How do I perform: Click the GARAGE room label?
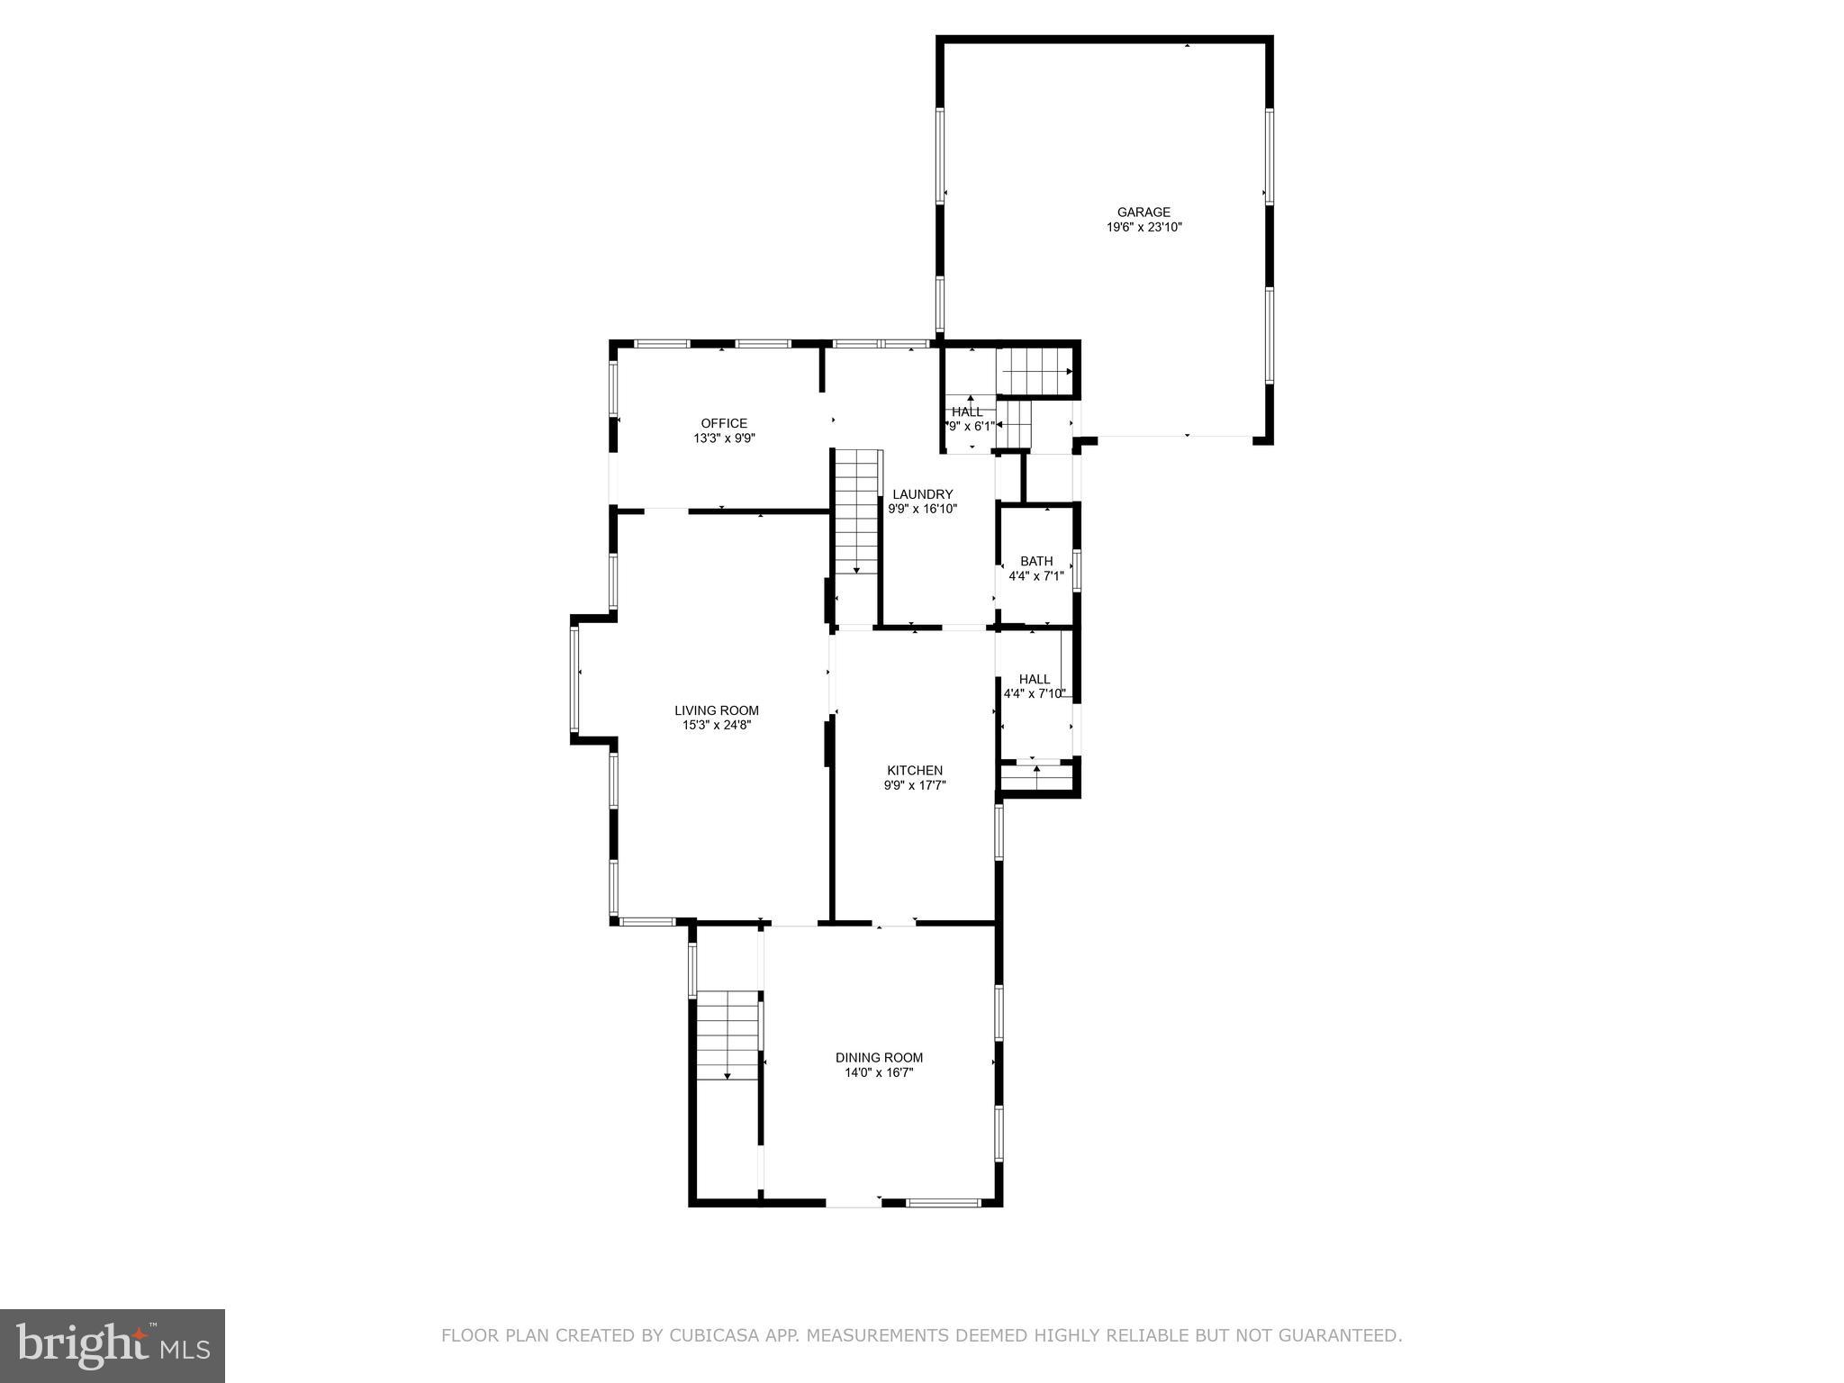pyautogui.click(x=1143, y=212)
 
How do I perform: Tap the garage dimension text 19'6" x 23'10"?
pyautogui.click(x=1143, y=228)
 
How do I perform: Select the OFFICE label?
pyautogui.click(x=724, y=423)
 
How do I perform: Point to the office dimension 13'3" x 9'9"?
pyautogui.click(x=724, y=438)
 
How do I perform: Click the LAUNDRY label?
pyautogui.click(x=922, y=494)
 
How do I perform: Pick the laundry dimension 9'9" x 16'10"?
pyautogui.click(x=922, y=509)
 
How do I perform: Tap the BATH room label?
pyautogui.click(x=1036, y=561)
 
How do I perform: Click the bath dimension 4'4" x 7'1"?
pyautogui.click(x=1036, y=575)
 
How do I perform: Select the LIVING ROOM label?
pyautogui.click(x=717, y=710)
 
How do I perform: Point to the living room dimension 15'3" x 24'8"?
pyautogui.click(x=717, y=725)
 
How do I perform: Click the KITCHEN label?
pyautogui.click(x=915, y=770)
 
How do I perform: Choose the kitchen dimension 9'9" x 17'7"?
pyautogui.click(x=915, y=785)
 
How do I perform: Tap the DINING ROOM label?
pyautogui.click(x=879, y=1058)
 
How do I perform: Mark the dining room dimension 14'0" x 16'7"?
pyautogui.click(x=879, y=1072)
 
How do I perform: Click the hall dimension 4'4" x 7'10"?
pyautogui.click(x=1035, y=693)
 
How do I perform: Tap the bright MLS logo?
pyautogui.click(x=113, y=1345)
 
